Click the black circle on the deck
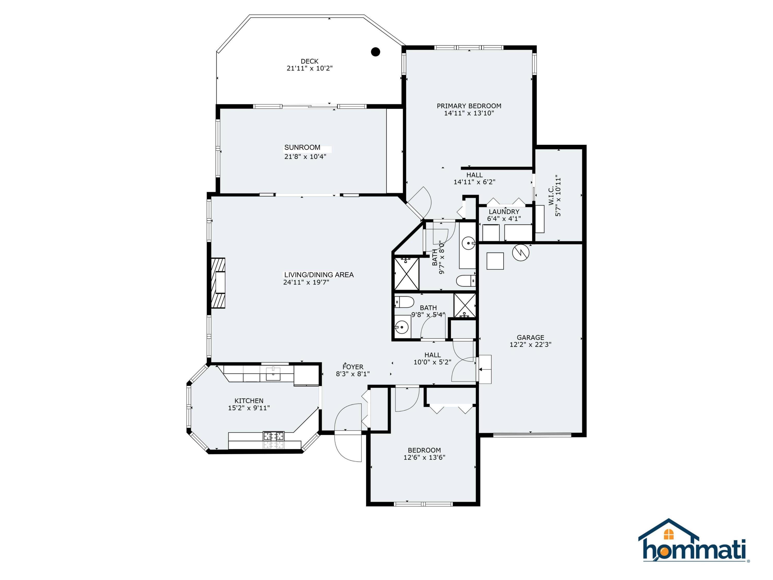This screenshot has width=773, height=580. pos(375,52)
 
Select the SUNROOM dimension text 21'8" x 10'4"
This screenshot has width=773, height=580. pos(305,156)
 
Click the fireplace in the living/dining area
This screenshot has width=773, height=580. pos(218,283)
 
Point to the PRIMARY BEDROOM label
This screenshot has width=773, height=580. pos(469,106)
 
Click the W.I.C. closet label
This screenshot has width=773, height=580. pos(551,196)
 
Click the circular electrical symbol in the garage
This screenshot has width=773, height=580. pos(521,253)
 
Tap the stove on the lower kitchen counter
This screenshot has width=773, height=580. pos(274,436)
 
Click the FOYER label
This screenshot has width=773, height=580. pos(353,367)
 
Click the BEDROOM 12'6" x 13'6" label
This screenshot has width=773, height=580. pos(424,450)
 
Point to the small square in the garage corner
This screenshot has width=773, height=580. pos(495,261)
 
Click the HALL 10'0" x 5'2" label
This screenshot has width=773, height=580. pos(432,355)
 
